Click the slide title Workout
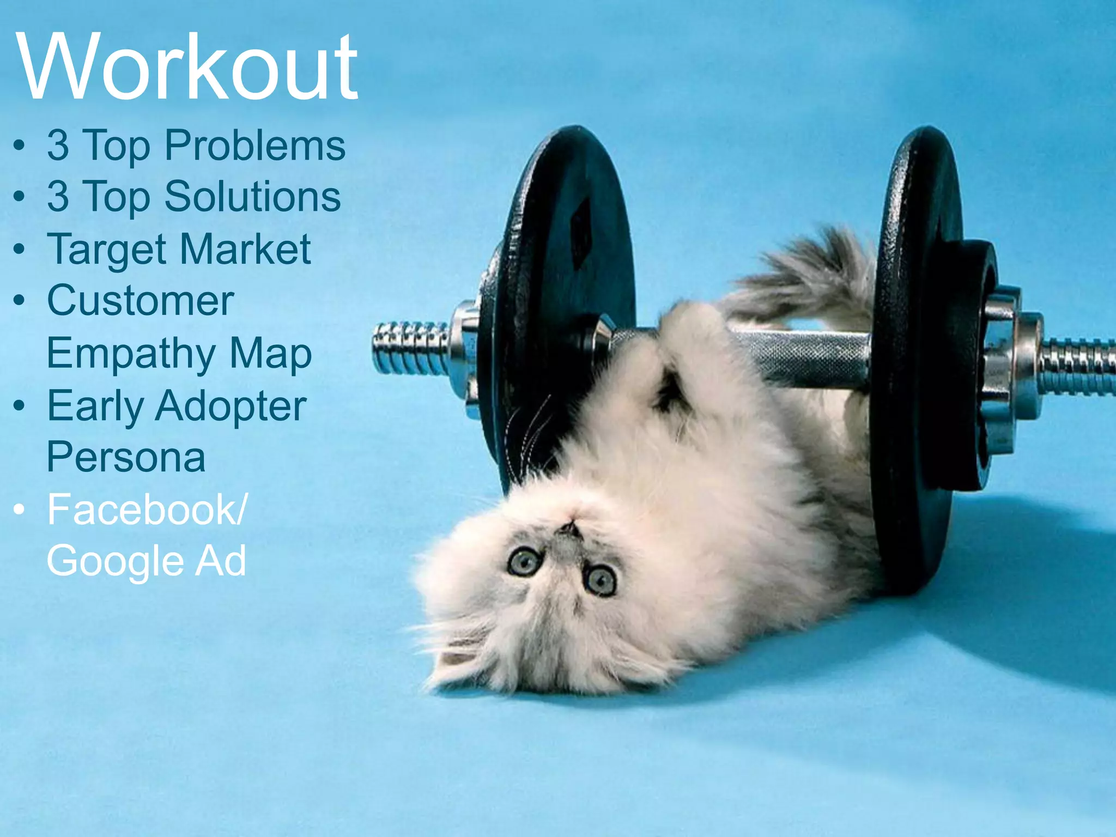click(x=187, y=67)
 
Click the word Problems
click(x=254, y=145)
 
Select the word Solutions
click(x=252, y=197)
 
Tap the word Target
click(x=106, y=250)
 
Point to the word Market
click(x=245, y=249)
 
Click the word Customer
click(x=141, y=300)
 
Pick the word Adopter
click(x=231, y=407)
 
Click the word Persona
click(x=126, y=457)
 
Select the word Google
click(x=115, y=561)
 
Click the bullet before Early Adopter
click(x=20, y=406)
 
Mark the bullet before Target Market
click(x=20, y=250)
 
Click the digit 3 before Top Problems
click(x=58, y=145)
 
